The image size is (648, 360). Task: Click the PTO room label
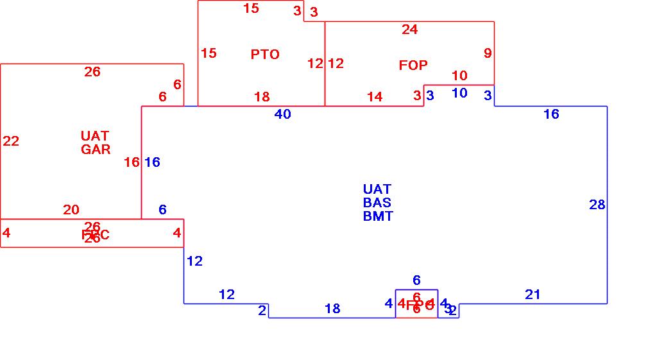[265, 55]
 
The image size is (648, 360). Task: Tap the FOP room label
[413, 65]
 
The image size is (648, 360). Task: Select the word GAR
[96, 150]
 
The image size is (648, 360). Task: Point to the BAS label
[377, 203]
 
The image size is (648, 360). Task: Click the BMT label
[378, 216]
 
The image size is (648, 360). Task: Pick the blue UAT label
[377, 189]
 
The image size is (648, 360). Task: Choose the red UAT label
[95, 136]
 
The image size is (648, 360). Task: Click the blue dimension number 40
[282, 114]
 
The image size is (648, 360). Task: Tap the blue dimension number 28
[597, 205]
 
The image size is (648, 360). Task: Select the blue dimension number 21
[533, 295]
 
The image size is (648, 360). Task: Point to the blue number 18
[332, 309]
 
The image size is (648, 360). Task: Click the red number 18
[262, 97]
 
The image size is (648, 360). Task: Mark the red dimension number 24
[409, 30]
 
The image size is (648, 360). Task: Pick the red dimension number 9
[488, 53]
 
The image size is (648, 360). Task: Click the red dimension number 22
[11, 141]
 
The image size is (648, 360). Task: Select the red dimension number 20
[71, 210]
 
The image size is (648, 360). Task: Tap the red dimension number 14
[375, 97]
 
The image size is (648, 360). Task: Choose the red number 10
[459, 76]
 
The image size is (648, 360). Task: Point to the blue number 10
[459, 93]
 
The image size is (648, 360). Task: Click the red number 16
[132, 162]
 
